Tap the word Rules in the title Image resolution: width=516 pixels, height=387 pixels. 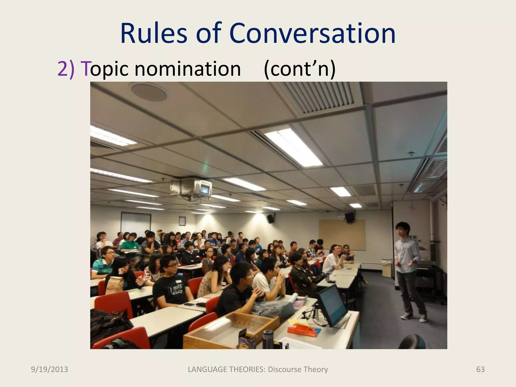coord(154,34)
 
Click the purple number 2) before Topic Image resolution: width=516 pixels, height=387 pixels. coord(66,69)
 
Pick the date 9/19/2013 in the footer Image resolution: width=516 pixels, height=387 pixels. coord(49,369)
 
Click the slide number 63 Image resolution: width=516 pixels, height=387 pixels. coord(480,369)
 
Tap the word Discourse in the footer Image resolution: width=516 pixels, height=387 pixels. coord(284,369)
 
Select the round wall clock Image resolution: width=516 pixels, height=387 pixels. coord(341,216)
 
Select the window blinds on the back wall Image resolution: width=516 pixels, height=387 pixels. coord(136,223)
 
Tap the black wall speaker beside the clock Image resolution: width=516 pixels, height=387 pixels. coord(350,217)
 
